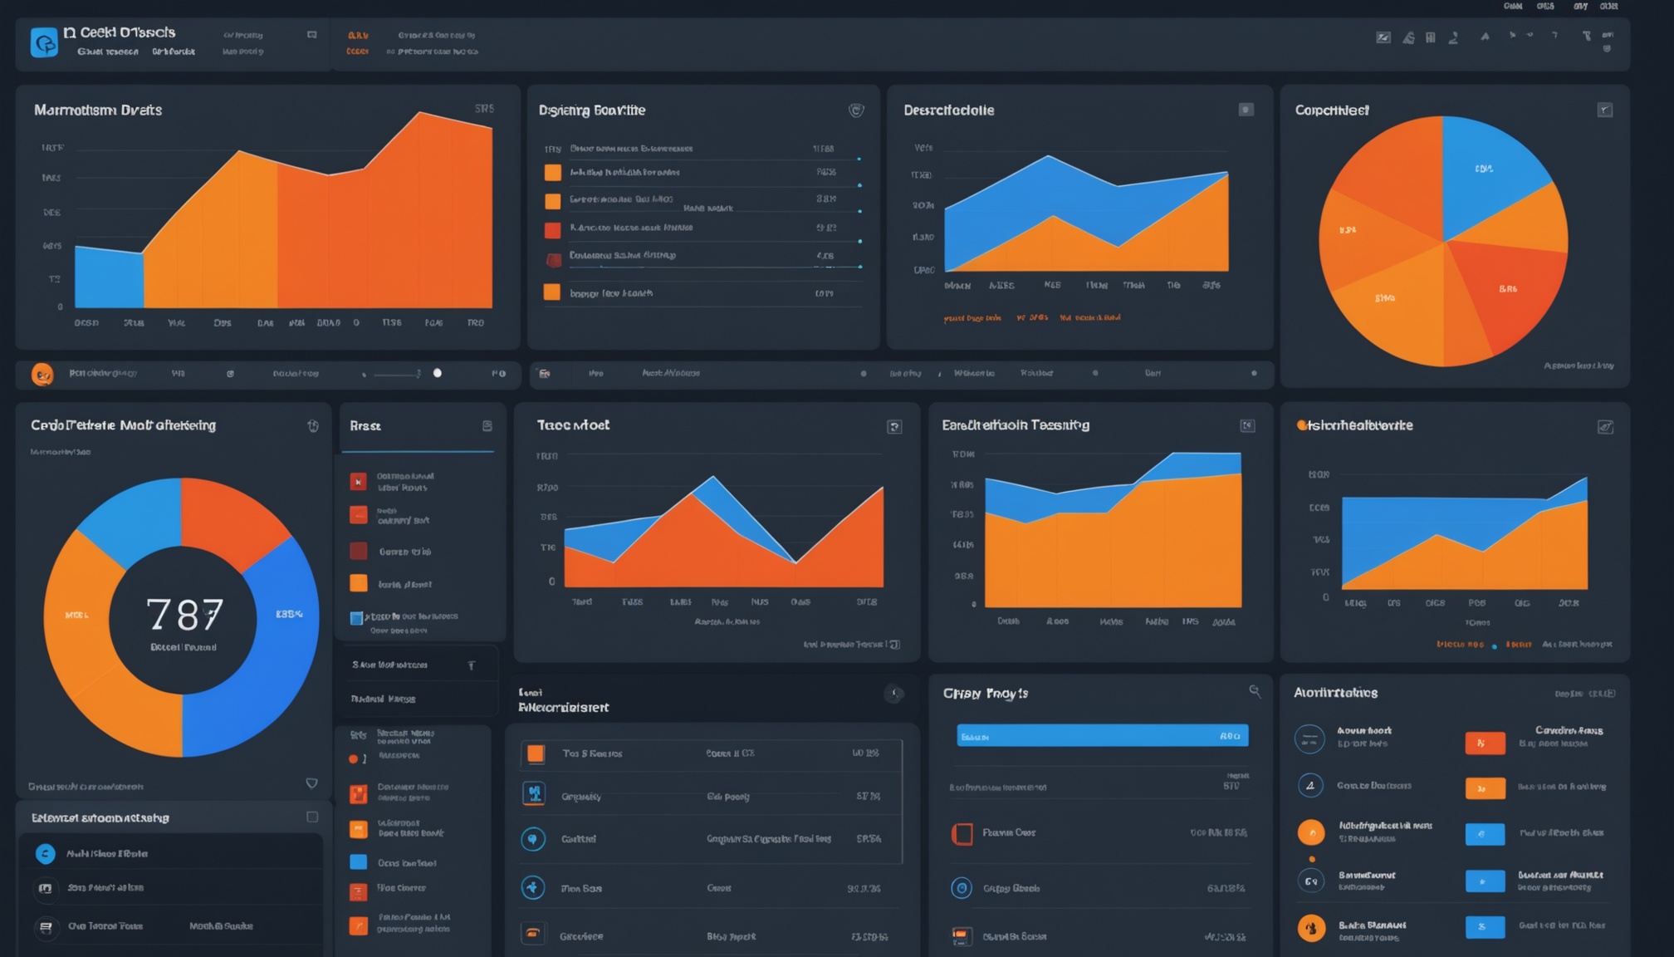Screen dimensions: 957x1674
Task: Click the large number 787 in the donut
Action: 184,615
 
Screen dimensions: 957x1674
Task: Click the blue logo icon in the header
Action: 44,42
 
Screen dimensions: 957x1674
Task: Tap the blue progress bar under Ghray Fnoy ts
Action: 1101,736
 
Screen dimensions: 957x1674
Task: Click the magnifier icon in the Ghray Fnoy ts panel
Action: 1254,691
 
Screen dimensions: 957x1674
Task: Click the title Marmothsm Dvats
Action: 98,110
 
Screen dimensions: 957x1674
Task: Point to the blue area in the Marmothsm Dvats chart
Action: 108,278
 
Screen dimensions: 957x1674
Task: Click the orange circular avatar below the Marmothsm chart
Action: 42,375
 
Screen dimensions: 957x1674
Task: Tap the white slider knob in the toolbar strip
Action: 438,373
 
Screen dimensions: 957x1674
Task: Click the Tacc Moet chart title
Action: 573,425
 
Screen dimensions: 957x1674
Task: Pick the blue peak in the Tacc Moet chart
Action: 712,482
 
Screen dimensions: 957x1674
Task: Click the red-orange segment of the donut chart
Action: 232,515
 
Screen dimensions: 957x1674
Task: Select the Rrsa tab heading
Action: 365,426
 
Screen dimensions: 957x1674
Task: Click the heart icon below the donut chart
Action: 311,783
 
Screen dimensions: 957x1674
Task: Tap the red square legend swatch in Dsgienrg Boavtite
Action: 552,230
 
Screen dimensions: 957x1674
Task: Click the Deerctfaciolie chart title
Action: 948,110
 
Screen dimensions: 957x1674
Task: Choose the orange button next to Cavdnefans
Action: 1485,743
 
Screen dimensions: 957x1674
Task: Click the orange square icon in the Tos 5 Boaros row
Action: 536,753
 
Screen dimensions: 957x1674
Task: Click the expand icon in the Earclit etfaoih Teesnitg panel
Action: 1246,426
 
